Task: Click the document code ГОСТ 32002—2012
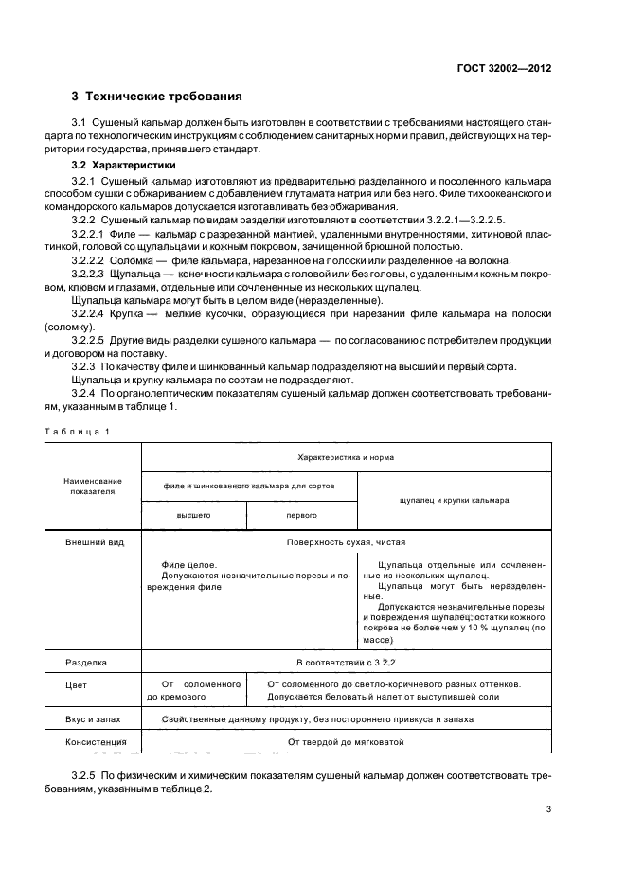[x=506, y=67]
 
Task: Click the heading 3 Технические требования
[x=156, y=96]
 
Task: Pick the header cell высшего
[x=193, y=515]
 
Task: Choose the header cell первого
[x=301, y=515]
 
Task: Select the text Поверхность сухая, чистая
[x=346, y=543]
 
